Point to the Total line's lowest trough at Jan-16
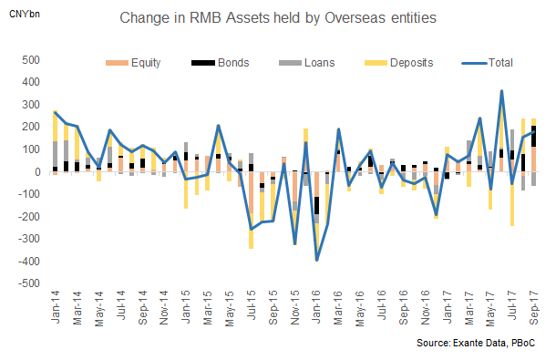tap(316, 260)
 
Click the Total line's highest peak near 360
tap(502, 91)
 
